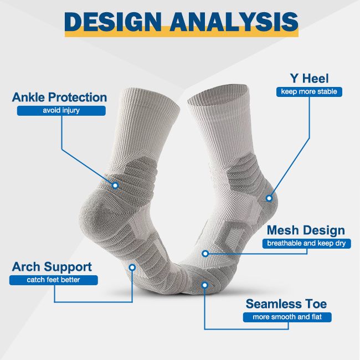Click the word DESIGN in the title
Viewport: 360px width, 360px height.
(x=113, y=22)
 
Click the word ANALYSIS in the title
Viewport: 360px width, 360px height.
(x=234, y=22)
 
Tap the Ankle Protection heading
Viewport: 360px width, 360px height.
(x=59, y=97)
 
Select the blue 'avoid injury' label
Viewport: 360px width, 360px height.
(x=61, y=110)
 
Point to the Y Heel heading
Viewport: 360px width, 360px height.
(x=309, y=79)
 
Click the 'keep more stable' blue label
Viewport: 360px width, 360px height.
(x=309, y=91)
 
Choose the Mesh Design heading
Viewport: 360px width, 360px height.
(x=306, y=230)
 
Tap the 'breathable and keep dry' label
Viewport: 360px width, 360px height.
(x=306, y=243)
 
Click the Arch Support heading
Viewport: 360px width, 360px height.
(x=52, y=267)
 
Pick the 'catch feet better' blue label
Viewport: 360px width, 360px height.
(x=54, y=280)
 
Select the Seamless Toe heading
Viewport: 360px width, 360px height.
(x=286, y=304)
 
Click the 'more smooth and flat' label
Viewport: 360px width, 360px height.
(x=287, y=317)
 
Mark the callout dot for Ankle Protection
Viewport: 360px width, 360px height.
(x=115, y=186)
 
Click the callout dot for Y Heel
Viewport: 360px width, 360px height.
(x=269, y=198)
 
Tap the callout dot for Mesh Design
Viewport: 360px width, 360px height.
(x=205, y=254)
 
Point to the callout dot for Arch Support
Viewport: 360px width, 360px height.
(x=132, y=268)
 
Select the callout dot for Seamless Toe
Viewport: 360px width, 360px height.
(x=204, y=285)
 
